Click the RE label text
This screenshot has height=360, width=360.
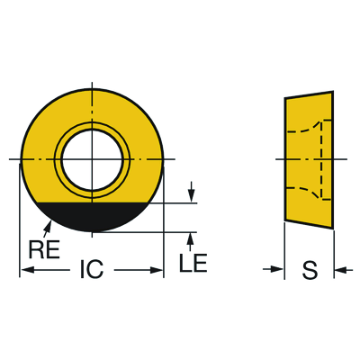(44, 249)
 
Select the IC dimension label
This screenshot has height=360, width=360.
(92, 269)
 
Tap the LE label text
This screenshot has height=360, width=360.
(193, 263)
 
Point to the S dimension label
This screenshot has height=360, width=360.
(310, 270)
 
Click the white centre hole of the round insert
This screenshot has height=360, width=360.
(92, 159)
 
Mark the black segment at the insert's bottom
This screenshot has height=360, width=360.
(92, 217)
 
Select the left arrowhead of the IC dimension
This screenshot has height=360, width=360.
(26, 270)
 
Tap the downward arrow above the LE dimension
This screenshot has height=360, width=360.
(191, 192)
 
